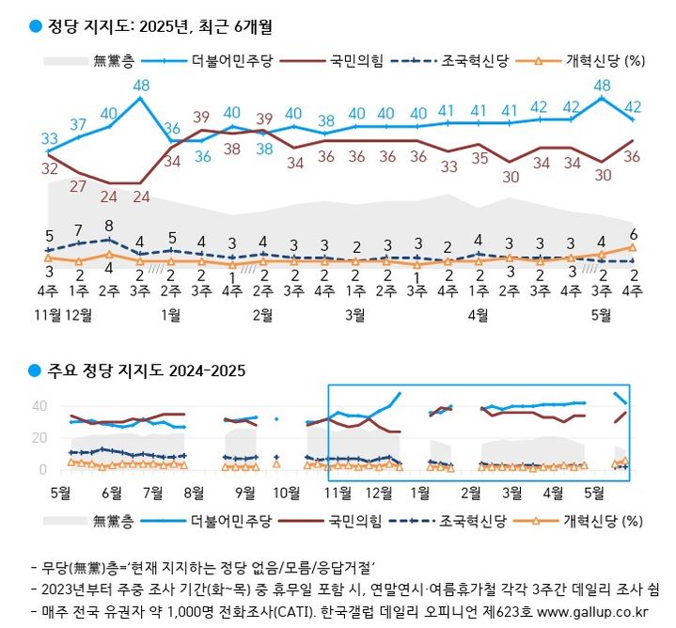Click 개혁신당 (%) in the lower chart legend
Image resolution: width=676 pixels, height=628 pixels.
pyautogui.click(x=604, y=518)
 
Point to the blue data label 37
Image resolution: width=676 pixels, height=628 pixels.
pyautogui.click(x=80, y=125)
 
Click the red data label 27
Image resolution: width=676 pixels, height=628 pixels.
pyautogui.click(x=80, y=185)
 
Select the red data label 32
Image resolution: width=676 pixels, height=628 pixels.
pyautogui.click(x=50, y=169)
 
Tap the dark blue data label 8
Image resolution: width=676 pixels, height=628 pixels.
pyautogui.click(x=110, y=226)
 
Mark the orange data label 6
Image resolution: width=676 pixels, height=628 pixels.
pyautogui.click(x=634, y=235)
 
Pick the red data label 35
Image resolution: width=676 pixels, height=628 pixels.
pyautogui.click(x=479, y=159)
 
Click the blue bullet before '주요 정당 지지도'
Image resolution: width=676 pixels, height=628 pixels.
pyautogui.click(x=36, y=370)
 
